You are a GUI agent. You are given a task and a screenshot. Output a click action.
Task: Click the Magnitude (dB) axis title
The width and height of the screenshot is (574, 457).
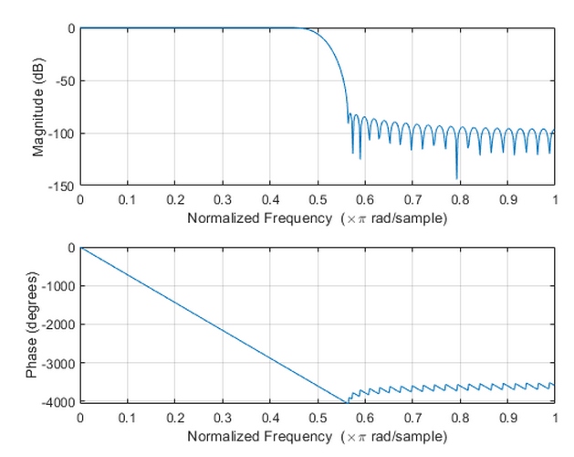38,107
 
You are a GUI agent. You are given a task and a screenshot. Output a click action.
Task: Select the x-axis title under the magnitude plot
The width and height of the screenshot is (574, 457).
317,219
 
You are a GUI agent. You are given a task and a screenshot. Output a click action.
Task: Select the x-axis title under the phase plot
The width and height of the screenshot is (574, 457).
317,438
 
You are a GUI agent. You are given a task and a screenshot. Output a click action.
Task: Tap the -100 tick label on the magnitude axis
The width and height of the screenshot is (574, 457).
60,133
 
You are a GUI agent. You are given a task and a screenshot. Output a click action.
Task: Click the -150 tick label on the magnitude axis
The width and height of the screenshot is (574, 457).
60,186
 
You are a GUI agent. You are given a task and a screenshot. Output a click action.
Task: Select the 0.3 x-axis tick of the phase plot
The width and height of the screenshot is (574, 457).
222,418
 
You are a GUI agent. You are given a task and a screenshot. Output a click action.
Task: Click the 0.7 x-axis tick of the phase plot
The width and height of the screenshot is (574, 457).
412,418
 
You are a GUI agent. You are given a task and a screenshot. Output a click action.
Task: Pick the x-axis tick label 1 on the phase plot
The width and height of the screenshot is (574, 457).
553,418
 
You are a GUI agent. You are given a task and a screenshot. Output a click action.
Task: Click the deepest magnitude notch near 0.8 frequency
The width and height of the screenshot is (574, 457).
457,178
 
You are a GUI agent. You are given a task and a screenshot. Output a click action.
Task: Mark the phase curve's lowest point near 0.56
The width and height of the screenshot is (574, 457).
347,401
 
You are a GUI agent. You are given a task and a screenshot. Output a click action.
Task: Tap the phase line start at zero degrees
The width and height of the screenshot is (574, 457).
81,248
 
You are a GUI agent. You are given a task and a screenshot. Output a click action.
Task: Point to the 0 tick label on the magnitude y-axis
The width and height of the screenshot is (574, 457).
70,28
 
